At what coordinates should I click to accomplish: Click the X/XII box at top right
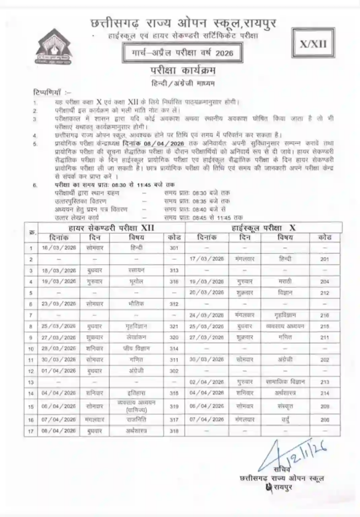tap(314, 44)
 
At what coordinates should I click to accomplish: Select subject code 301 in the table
tap(175, 248)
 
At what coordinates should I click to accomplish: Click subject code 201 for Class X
tap(325, 258)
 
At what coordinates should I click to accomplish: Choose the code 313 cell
tap(175, 270)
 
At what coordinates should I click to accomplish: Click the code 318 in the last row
tap(175, 431)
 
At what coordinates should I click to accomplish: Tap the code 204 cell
tap(325, 281)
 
